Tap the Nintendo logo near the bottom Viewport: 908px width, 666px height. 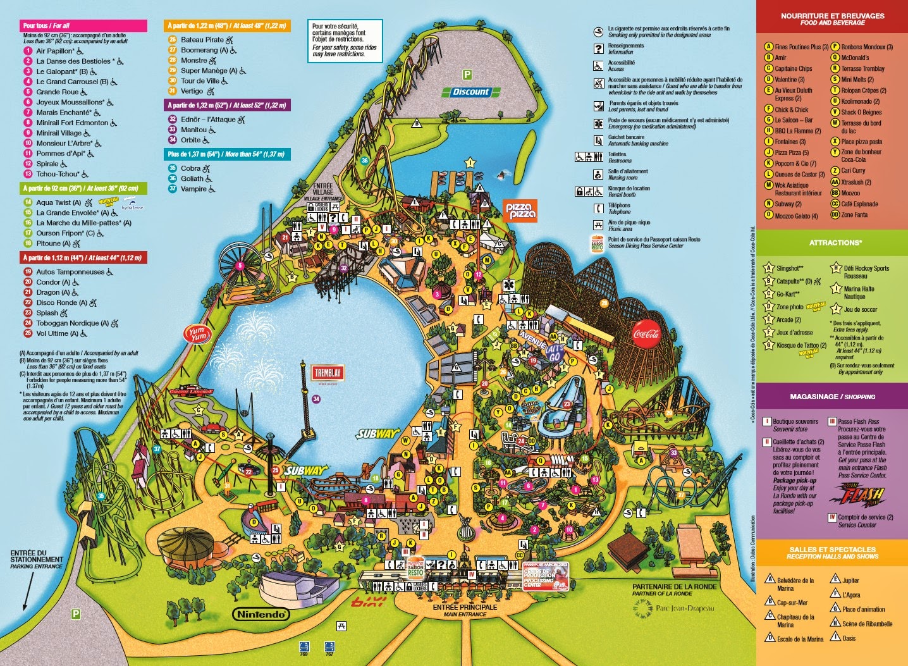(x=261, y=614)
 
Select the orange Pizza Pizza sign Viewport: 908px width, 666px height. (x=520, y=210)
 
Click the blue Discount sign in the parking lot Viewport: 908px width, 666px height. (x=471, y=92)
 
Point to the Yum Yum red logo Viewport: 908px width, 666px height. (x=197, y=334)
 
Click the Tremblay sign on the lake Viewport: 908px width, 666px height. (x=327, y=374)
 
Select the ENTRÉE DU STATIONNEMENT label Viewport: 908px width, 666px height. (x=36, y=559)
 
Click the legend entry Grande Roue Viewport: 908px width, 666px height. (x=57, y=92)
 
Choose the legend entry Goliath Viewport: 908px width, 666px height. (x=192, y=178)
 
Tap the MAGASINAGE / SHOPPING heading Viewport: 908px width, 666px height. (x=832, y=397)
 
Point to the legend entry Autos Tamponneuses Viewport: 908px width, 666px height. (x=70, y=272)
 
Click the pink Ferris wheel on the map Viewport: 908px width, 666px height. (x=240, y=266)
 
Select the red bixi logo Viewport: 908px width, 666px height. (x=368, y=601)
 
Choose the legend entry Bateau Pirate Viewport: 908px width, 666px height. (x=202, y=39)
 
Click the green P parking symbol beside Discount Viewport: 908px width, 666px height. (x=467, y=75)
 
